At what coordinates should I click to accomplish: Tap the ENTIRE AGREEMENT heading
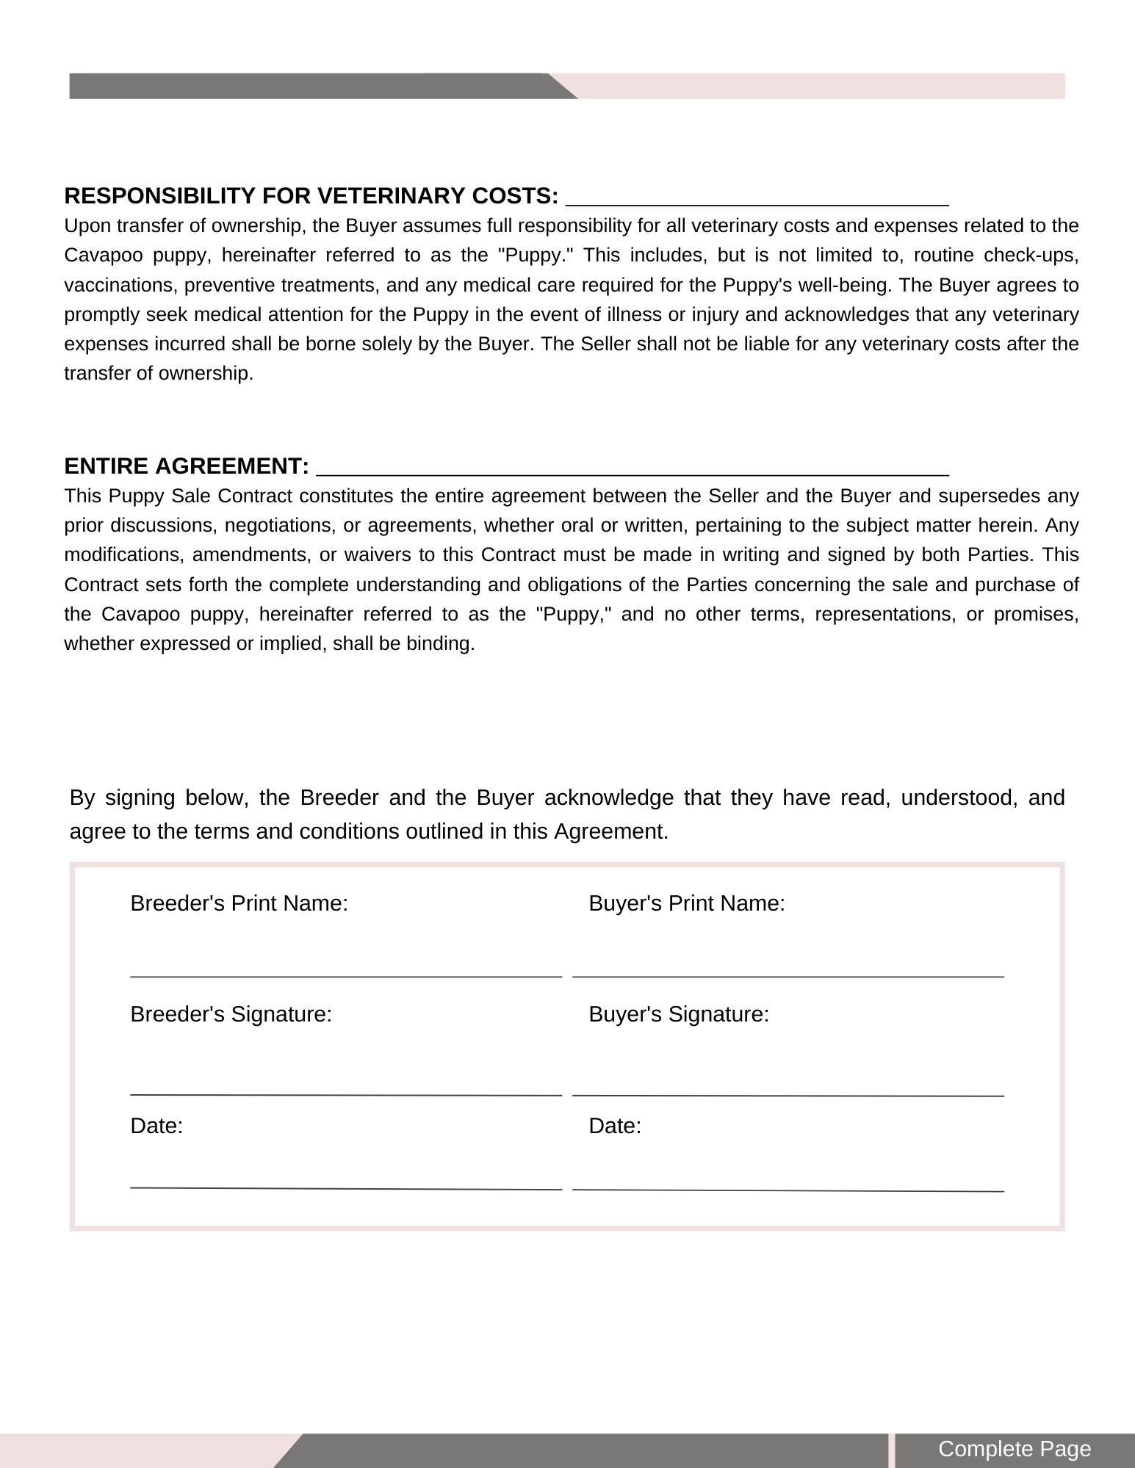[186, 466]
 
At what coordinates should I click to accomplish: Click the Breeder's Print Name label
[239, 903]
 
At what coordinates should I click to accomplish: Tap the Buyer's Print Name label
[687, 903]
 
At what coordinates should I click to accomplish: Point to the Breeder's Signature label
[231, 1014]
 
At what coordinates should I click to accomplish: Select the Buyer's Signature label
[679, 1014]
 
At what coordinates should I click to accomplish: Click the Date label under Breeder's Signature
[156, 1126]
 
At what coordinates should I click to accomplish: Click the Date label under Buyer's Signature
[615, 1126]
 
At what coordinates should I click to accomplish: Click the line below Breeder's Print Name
[345, 976]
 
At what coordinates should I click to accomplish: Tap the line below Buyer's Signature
[788, 1095]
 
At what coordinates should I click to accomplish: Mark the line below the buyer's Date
[788, 1190]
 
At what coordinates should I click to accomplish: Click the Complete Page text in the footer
[1015, 1449]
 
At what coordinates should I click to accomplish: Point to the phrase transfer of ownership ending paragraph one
[158, 374]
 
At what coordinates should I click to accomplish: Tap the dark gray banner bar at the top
[309, 86]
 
